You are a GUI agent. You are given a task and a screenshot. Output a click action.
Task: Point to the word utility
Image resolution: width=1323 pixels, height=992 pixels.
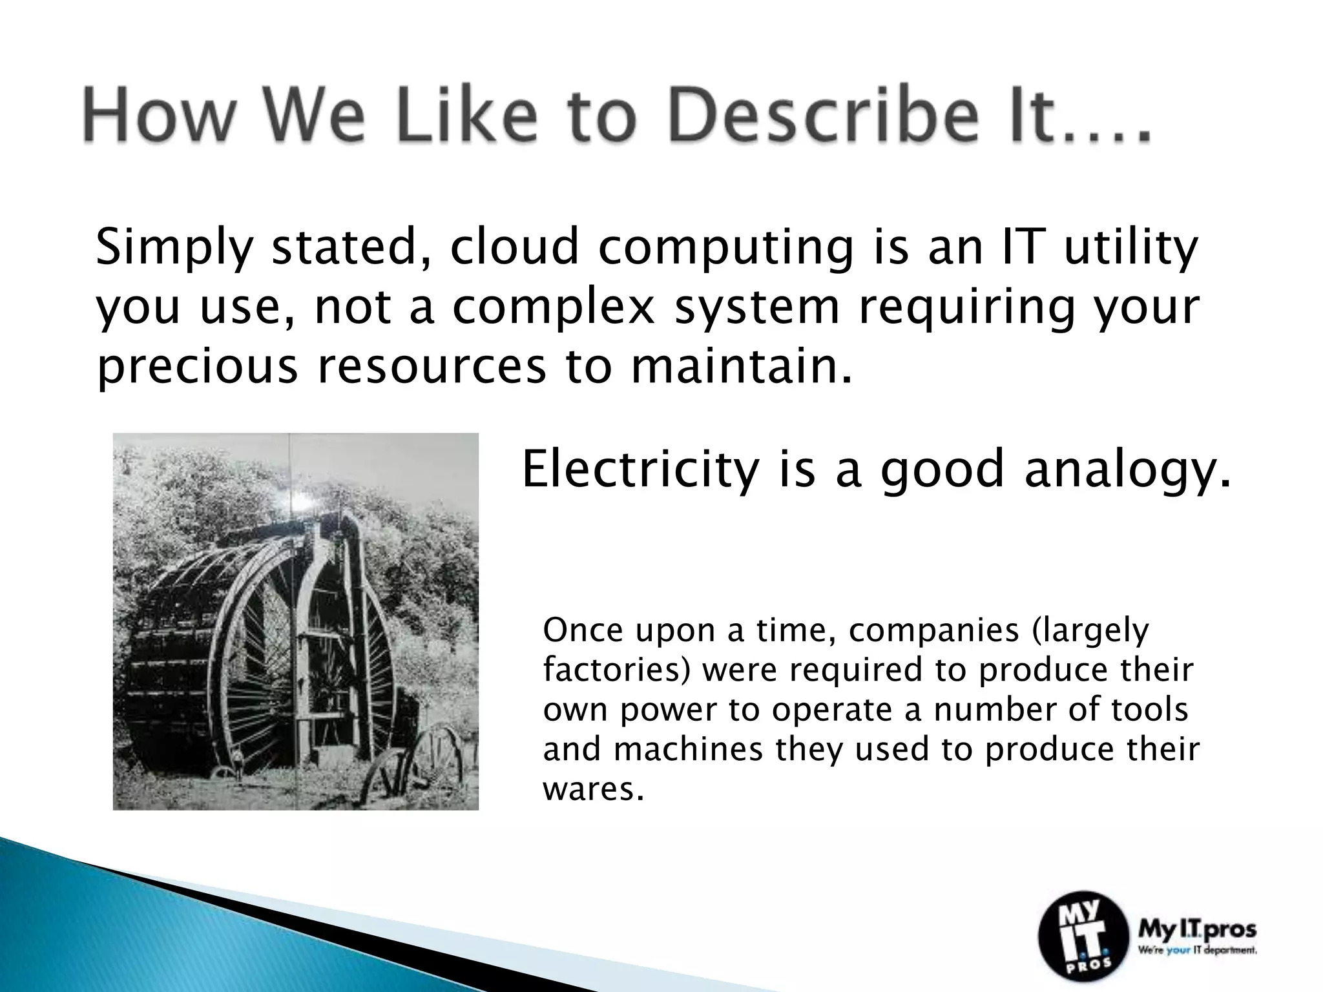pos(1130,249)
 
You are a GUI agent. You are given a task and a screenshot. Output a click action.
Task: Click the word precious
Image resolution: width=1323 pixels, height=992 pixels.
pos(197,366)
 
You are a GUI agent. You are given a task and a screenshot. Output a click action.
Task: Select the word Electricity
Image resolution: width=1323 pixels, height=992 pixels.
pos(640,470)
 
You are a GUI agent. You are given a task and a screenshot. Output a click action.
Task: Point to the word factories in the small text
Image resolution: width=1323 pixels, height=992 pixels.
pos(616,670)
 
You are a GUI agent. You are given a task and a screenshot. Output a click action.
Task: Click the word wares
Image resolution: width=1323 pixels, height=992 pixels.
pos(593,789)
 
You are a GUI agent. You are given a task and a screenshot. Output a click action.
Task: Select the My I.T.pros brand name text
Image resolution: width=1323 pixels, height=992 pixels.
pos(1196,930)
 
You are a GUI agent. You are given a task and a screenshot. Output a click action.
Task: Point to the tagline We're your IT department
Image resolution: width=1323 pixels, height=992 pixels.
pos(1196,951)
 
